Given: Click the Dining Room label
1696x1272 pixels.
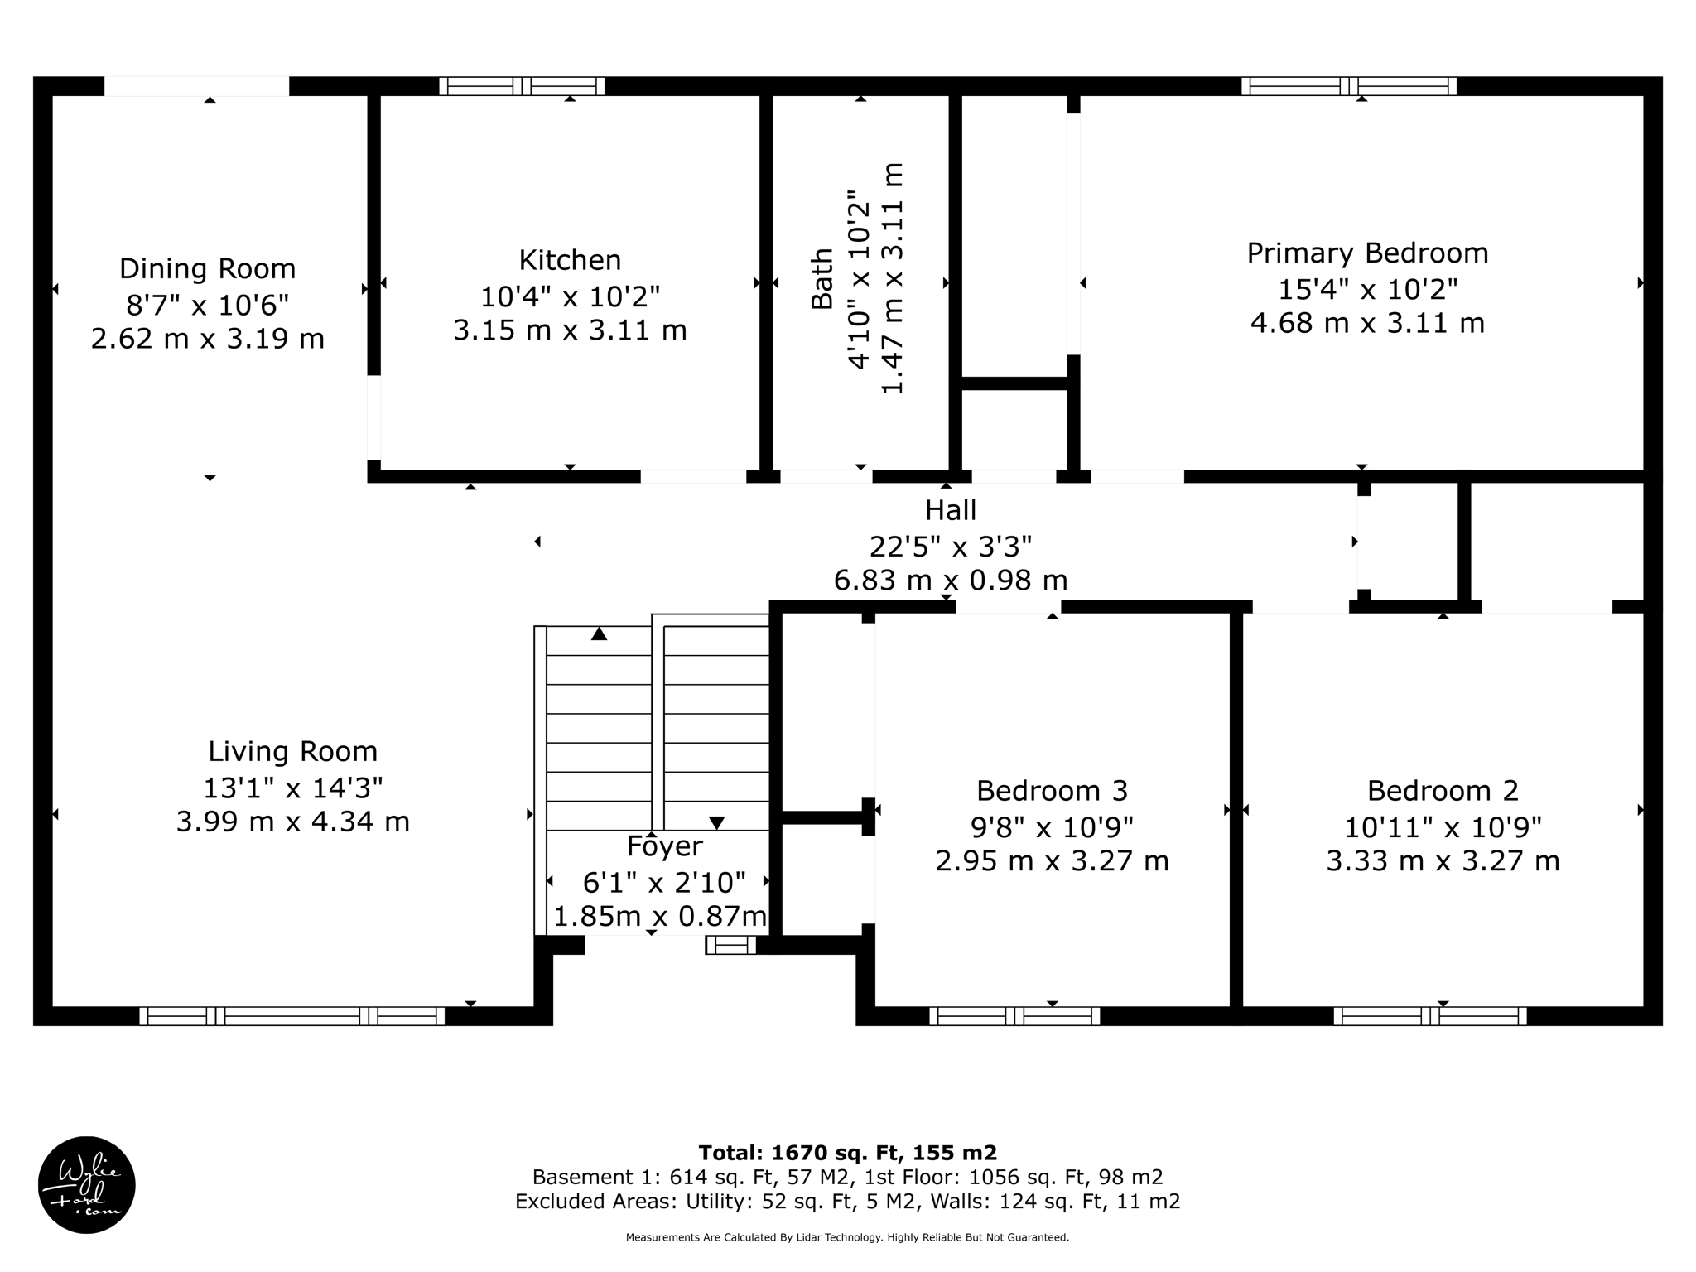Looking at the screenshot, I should [x=207, y=269].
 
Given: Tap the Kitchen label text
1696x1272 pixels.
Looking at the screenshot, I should [x=570, y=260].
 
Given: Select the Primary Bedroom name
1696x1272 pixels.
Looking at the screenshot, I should [x=1367, y=253].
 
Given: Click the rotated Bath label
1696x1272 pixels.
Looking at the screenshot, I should [x=821, y=279].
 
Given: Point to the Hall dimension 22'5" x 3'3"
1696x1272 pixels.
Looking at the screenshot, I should [x=950, y=547].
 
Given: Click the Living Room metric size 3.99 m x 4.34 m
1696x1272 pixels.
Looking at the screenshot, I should [x=292, y=822].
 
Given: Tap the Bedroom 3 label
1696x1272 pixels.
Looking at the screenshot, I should [x=1052, y=791].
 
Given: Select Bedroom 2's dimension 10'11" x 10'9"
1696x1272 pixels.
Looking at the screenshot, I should [x=1443, y=827].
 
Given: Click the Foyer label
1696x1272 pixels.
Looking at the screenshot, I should [x=665, y=846].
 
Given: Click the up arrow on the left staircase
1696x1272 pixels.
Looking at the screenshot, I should [x=600, y=634].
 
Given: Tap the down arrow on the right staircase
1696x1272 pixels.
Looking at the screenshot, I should [x=716, y=822].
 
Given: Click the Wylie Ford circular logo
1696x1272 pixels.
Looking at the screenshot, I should [x=87, y=1184].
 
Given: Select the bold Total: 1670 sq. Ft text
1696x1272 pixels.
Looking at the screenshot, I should [x=847, y=1153].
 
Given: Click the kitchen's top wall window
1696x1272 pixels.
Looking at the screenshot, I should [x=522, y=86].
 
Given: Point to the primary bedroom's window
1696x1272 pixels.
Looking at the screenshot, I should [x=1349, y=86].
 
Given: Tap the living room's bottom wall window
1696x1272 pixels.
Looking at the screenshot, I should [x=291, y=1016].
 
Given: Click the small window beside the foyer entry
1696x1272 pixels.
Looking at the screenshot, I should [x=730, y=945].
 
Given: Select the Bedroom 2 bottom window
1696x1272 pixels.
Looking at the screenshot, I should [x=1429, y=1016].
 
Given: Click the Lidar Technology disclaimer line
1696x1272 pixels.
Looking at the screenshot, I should [x=847, y=1237].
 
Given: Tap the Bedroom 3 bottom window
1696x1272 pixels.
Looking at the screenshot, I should [x=1014, y=1016].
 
